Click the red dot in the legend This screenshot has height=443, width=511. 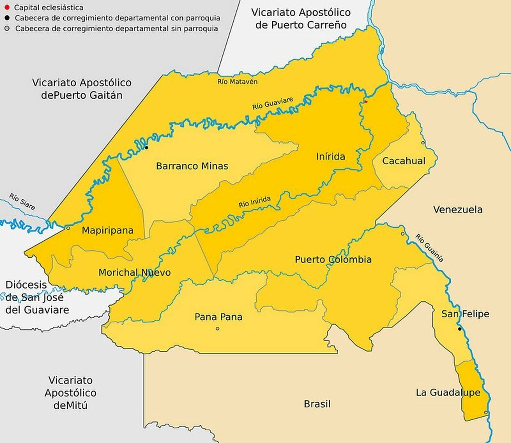click(x=7, y=7)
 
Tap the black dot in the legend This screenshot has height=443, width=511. click(x=7, y=18)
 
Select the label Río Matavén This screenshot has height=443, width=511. click(x=237, y=82)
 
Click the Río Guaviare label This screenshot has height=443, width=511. click(x=272, y=103)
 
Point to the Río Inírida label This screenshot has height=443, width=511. click(x=255, y=202)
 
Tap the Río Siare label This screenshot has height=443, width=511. click(x=22, y=202)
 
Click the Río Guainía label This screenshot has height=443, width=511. click(x=429, y=248)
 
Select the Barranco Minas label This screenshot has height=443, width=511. click(x=192, y=166)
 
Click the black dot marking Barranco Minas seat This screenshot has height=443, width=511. click(x=146, y=147)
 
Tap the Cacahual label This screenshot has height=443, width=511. click(x=404, y=161)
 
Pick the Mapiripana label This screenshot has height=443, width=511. click(x=107, y=230)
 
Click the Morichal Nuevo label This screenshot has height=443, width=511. click(x=134, y=273)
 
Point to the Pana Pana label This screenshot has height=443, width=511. click(x=218, y=317)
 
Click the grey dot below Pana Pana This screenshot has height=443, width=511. click(x=217, y=329)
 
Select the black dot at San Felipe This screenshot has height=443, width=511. click(x=460, y=329)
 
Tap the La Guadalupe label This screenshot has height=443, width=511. click(x=448, y=393)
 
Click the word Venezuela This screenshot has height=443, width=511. click(x=458, y=210)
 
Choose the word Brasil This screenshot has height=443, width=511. click(x=317, y=404)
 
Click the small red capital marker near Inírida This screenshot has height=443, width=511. click(x=366, y=102)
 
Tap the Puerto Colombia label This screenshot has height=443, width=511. click(x=333, y=259)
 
